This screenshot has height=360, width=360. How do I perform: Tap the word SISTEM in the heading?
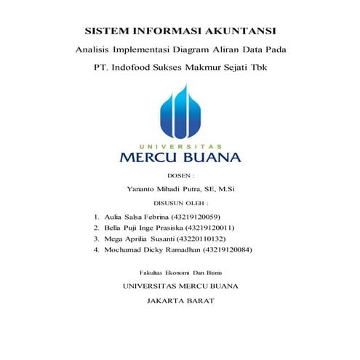[108, 32]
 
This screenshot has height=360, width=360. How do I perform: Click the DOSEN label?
[180, 176]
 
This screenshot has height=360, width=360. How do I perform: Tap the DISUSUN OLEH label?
[180, 203]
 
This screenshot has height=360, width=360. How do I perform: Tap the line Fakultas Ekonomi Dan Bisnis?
[180, 271]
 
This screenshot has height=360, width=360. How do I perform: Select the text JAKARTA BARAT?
[180, 300]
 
